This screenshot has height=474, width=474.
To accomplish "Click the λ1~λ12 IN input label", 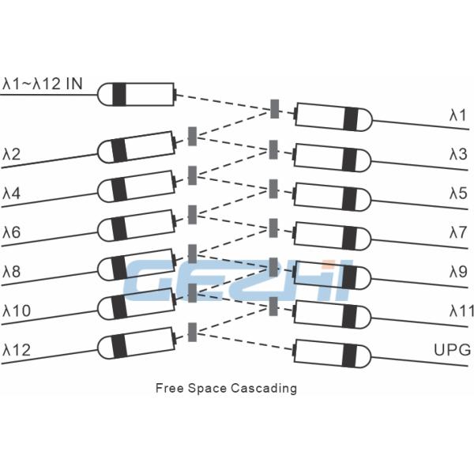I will (42, 81).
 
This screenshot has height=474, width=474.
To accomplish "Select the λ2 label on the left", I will (12, 152).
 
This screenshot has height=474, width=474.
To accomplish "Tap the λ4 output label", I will (12, 192).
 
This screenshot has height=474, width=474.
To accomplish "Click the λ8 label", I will (12, 271).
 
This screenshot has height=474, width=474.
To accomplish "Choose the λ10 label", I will (17, 310).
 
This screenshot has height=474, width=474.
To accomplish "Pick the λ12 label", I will (17, 349).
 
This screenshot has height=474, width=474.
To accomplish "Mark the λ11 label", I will (461, 311).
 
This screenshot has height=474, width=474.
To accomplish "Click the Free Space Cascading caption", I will (226, 388).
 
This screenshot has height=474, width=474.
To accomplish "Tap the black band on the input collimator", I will (119, 94).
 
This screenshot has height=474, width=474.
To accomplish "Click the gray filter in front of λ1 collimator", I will (274, 109).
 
